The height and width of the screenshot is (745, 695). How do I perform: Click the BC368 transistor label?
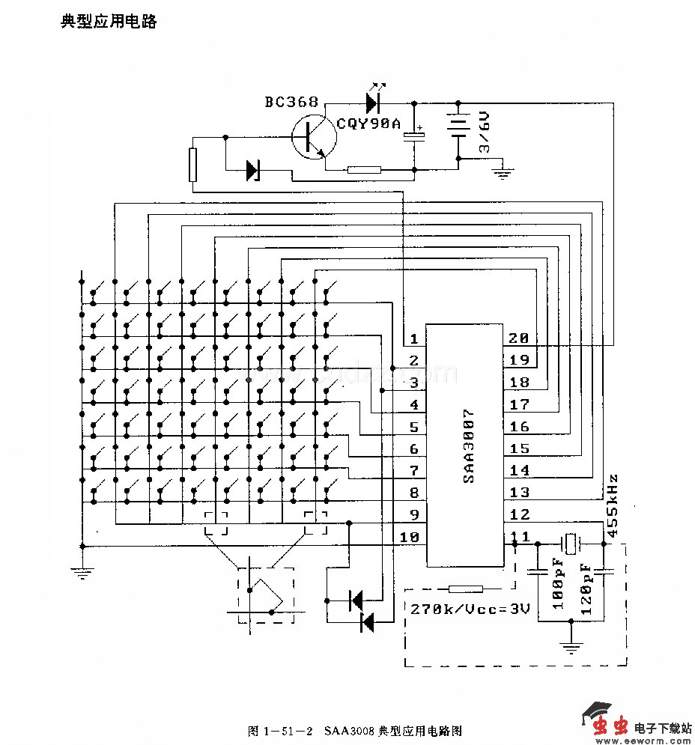click(x=291, y=103)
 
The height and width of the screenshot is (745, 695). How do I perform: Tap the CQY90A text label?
click(x=368, y=124)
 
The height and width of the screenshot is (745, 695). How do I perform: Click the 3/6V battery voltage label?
click(x=485, y=133)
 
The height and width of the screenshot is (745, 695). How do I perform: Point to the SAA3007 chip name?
click(x=468, y=445)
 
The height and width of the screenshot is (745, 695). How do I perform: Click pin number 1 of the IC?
click(x=413, y=339)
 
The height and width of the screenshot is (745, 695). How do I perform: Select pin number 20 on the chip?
click(x=519, y=338)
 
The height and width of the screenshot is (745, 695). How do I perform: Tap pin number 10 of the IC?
click(x=409, y=537)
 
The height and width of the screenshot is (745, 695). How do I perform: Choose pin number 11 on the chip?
click(x=519, y=536)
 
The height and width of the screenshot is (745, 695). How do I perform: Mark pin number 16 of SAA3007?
click(x=519, y=427)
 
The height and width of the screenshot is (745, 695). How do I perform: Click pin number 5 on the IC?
click(x=413, y=428)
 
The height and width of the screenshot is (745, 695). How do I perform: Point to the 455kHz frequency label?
click(x=612, y=506)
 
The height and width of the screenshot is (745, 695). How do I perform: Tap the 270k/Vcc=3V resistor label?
click(x=470, y=608)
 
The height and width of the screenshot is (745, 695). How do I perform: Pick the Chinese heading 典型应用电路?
click(x=109, y=21)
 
